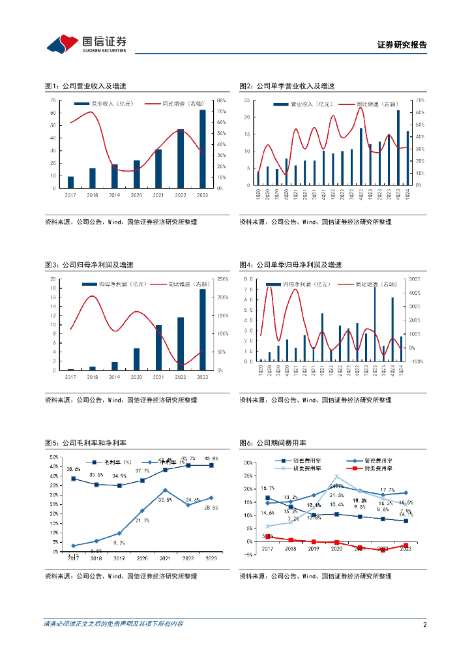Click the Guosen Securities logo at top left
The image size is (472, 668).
[x=85, y=44]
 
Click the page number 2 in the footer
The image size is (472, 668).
[x=424, y=624]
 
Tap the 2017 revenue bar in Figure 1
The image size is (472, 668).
[x=70, y=182]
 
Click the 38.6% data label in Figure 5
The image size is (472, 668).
[x=73, y=469]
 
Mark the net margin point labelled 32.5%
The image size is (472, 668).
[x=165, y=490]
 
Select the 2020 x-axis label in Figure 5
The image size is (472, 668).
[x=142, y=559]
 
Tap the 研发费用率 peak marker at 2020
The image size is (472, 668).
[x=336, y=477]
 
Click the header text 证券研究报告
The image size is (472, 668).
[x=402, y=45]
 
